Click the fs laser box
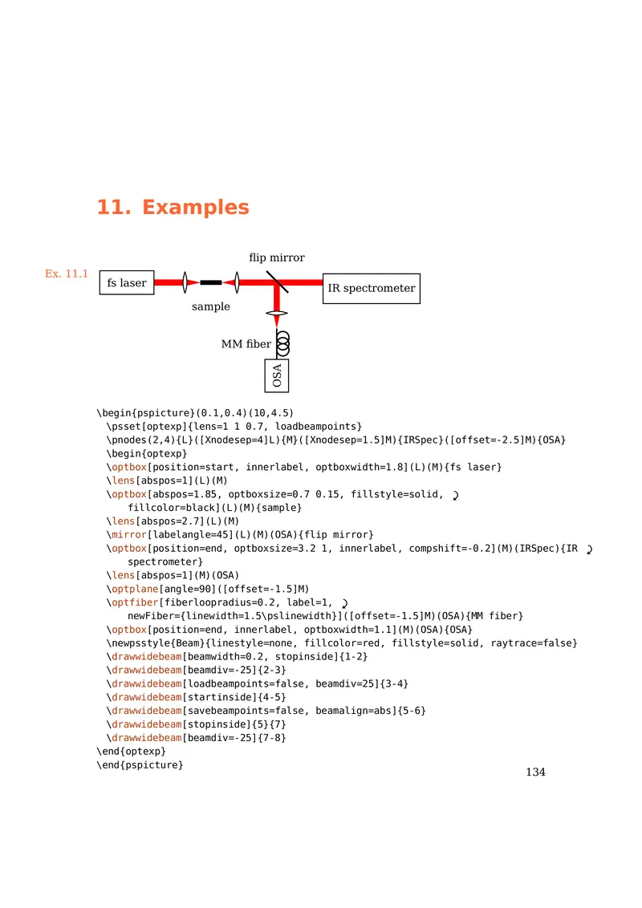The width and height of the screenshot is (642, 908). point(127,283)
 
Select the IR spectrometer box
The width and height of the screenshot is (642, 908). point(372,288)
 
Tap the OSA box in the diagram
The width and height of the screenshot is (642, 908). point(277,375)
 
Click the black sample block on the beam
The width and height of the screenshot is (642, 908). point(211,282)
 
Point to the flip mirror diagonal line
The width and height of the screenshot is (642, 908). point(277,282)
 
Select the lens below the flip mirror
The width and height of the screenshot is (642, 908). point(277,313)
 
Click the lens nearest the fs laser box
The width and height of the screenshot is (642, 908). point(185,282)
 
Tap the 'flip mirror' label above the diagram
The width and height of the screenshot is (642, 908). point(277,257)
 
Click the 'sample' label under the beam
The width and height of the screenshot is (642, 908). point(210,306)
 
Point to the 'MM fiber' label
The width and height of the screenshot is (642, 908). point(246,344)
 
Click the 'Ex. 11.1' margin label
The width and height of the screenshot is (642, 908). point(67,274)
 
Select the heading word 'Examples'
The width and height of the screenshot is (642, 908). point(196,207)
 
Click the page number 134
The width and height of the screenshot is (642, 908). point(535,772)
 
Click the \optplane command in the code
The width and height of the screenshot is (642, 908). point(130,588)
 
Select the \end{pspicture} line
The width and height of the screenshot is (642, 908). point(140,765)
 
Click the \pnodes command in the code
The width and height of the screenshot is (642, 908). point(127,440)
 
